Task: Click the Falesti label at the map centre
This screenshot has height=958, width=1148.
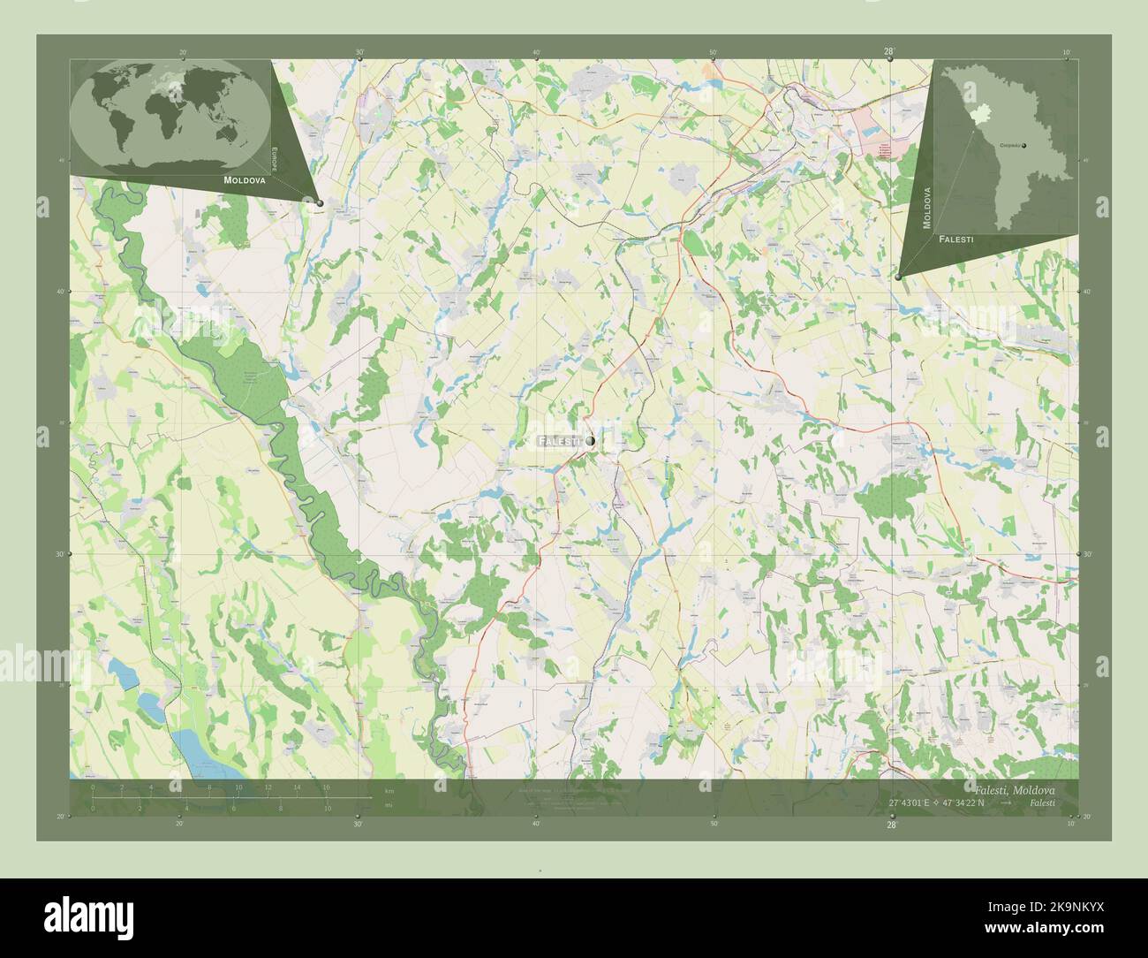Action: [x=558, y=440]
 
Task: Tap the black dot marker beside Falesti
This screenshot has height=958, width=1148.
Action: [x=589, y=440]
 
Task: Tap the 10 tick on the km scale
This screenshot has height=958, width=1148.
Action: [x=238, y=787]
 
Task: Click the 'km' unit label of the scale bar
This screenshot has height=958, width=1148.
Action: [x=389, y=790]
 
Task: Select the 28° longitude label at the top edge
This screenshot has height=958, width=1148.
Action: [x=890, y=53]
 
